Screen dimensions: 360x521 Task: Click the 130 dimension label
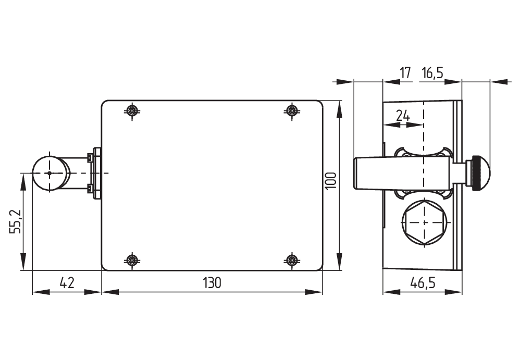click(212, 283)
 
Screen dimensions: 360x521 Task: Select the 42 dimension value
click(67, 283)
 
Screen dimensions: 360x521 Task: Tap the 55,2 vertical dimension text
click(16, 222)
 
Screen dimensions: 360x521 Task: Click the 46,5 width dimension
click(423, 283)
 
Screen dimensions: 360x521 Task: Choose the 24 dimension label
click(403, 116)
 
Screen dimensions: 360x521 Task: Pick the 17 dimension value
click(406, 73)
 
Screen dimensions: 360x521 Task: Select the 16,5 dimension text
click(432, 73)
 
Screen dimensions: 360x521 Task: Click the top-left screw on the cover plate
click(133, 110)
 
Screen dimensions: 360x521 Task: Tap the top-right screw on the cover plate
click(292, 110)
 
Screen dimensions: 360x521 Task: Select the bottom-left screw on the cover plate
click(133, 259)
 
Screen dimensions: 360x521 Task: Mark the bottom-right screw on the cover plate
click(292, 259)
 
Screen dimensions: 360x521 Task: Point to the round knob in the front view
click(50, 173)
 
